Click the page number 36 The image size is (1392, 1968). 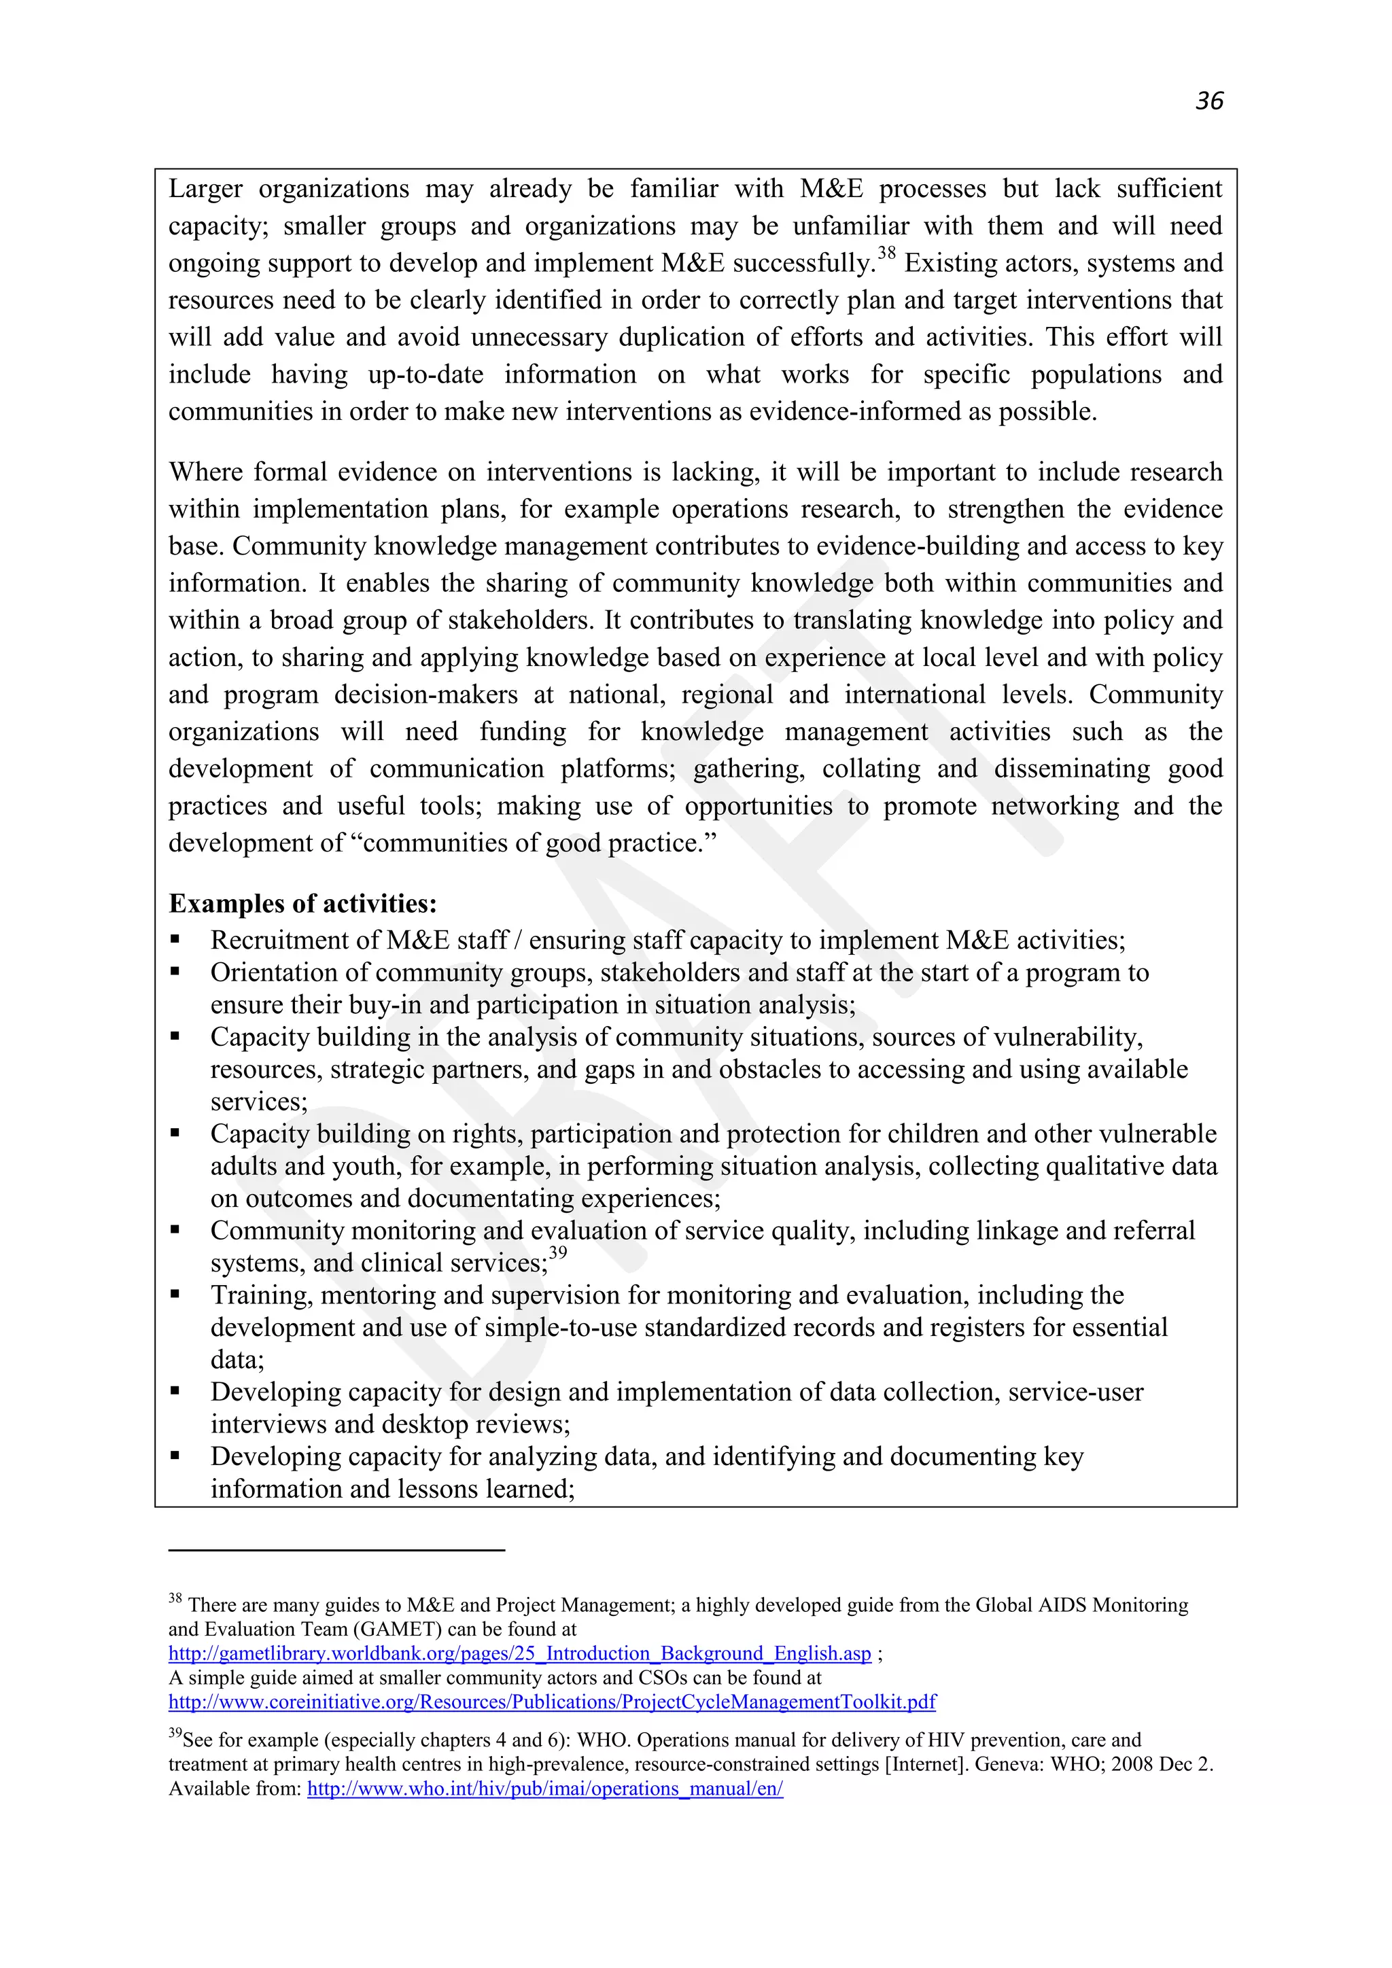click(x=1209, y=101)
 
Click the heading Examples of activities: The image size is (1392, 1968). click(x=302, y=903)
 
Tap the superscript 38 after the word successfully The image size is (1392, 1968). click(x=886, y=253)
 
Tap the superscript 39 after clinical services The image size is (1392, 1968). click(x=557, y=1253)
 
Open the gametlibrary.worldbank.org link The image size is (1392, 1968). click(x=519, y=1653)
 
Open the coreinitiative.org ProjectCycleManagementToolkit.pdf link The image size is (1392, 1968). click(x=552, y=1702)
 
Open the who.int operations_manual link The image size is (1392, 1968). click(x=545, y=1789)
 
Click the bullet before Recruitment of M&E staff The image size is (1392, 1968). click(x=175, y=939)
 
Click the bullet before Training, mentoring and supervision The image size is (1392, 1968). click(x=175, y=1295)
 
